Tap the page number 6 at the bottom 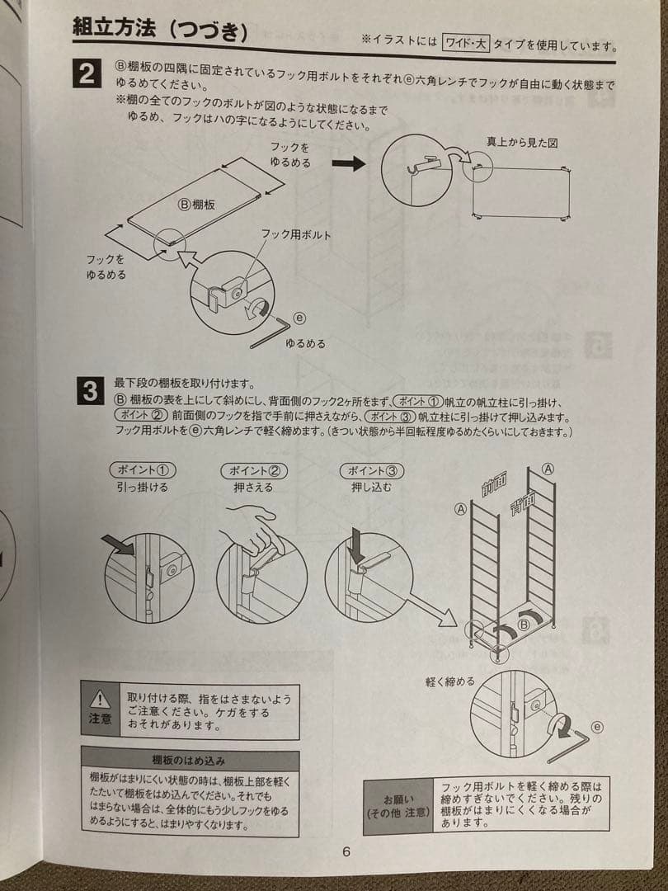click(346, 851)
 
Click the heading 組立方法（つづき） click(161, 31)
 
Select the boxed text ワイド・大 click(466, 43)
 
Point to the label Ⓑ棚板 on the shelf click(197, 204)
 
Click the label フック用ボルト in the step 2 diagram click(296, 235)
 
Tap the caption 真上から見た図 click(522, 143)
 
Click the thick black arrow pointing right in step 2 click(354, 163)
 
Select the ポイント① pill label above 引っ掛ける click(142, 470)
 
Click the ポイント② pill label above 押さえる click(253, 470)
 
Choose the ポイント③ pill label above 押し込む click(372, 470)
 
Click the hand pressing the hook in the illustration click(252, 529)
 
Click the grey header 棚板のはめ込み click(189, 759)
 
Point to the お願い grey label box click(398, 805)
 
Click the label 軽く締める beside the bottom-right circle click(450, 681)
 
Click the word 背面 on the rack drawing click(522, 502)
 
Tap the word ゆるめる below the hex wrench click(305, 343)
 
